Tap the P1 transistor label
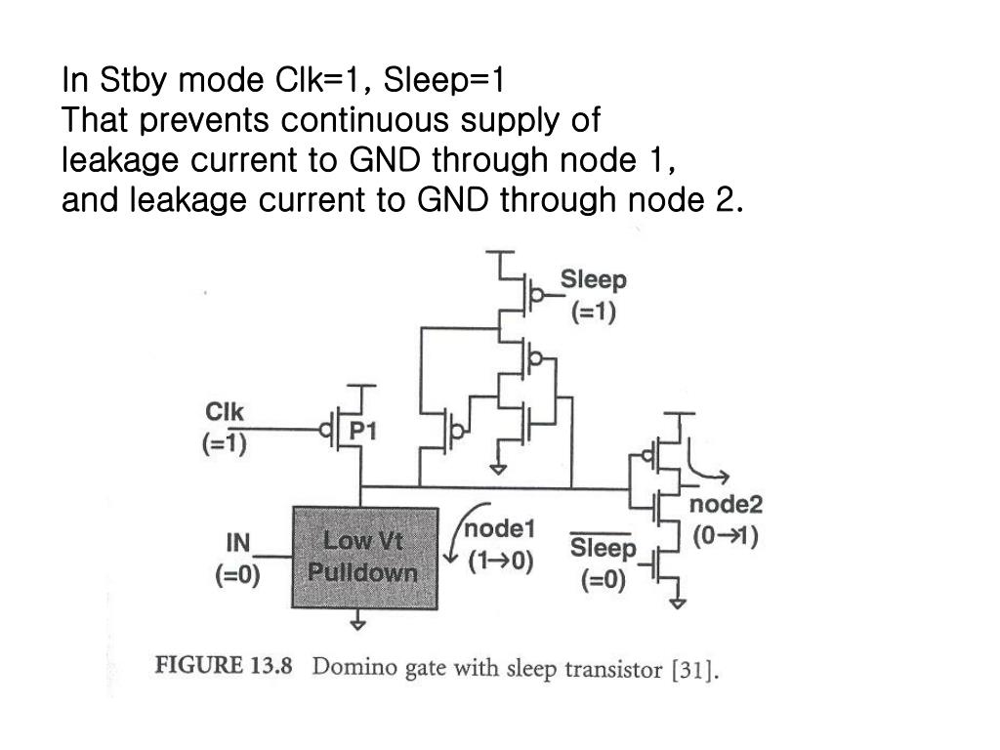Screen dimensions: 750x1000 [363, 431]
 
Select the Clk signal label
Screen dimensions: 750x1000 [225, 412]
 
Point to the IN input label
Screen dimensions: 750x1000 [238, 543]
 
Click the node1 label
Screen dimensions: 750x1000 [499, 528]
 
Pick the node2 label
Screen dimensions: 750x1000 [727, 505]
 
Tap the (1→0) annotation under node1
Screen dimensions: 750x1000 [500, 562]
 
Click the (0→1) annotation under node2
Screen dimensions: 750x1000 [727, 536]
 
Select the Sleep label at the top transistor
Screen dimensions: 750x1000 [593, 280]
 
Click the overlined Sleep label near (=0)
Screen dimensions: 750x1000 [603, 549]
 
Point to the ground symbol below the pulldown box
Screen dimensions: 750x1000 [359, 619]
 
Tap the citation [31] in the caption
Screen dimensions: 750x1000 [695, 671]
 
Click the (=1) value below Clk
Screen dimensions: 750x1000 [225, 445]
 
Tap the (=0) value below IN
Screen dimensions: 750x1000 [238, 575]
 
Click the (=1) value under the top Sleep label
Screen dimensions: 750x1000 [593, 313]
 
